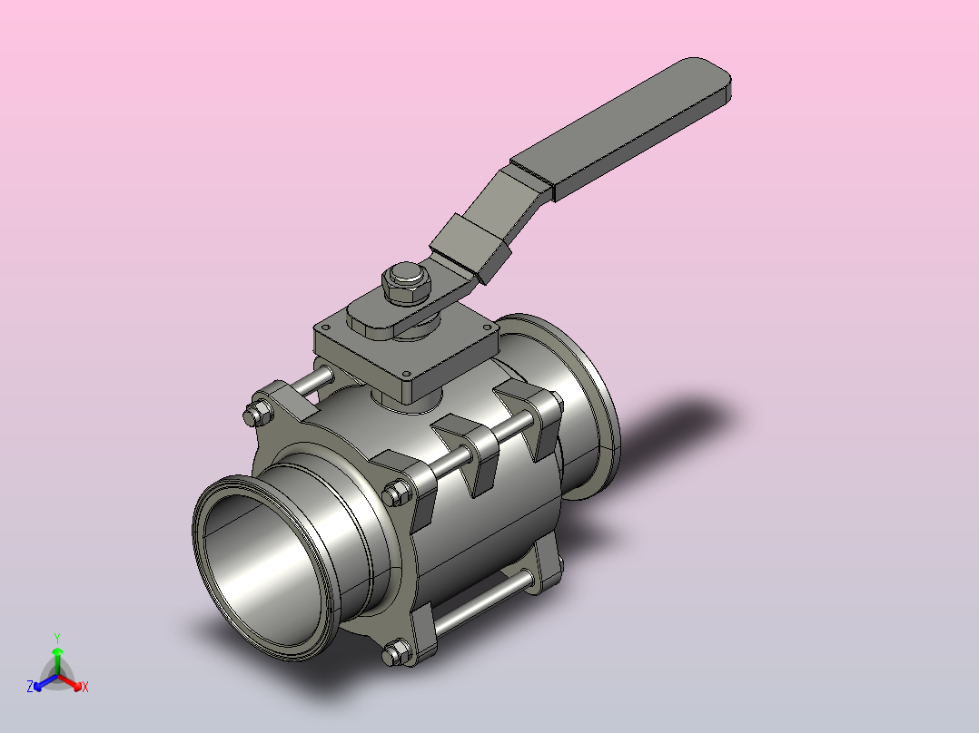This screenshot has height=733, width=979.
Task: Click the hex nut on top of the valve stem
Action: pos(407,284)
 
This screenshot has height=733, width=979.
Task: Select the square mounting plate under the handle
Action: pos(406,348)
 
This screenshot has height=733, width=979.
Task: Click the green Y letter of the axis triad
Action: pos(57,639)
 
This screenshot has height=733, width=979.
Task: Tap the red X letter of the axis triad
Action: pos(85,687)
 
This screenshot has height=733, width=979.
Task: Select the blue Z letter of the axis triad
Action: pos(30,687)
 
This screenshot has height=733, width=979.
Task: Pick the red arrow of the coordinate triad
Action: pos(70,682)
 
